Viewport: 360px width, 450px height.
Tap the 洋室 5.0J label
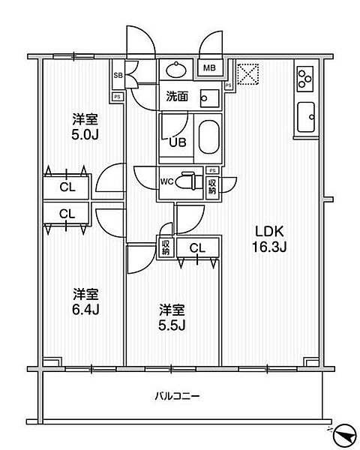[85, 125]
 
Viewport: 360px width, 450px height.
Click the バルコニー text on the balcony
[178, 396]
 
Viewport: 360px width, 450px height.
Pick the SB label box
[118, 76]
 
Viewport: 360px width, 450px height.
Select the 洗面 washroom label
[177, 97]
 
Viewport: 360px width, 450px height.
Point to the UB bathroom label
[177, 142]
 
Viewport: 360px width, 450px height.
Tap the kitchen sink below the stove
[307, 117]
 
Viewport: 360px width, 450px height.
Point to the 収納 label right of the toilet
[212, 183]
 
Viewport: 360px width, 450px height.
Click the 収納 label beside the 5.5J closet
[165, 247]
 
